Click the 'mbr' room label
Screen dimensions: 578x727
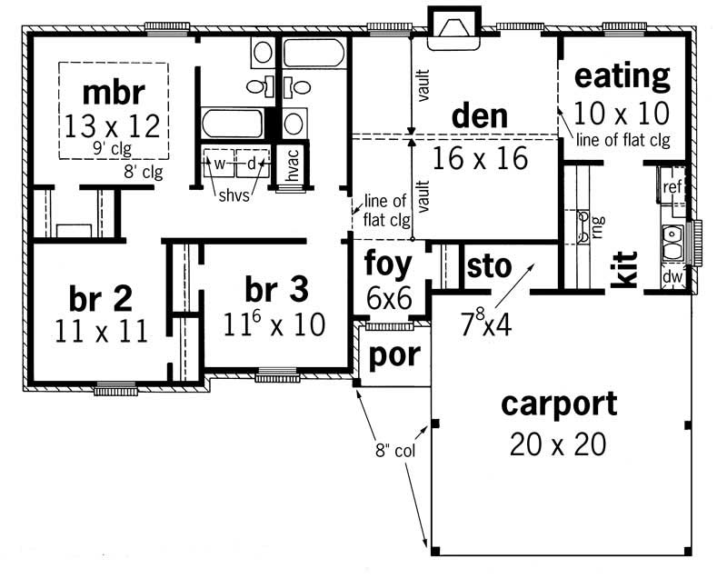(114, 93)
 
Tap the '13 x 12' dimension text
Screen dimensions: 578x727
(114, 124)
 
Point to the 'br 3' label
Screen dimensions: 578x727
(276, 290)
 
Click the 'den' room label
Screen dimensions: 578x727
(479, 116)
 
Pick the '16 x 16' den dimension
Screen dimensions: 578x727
(480, 158)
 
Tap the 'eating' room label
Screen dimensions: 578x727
(622, 76)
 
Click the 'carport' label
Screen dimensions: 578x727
(559, 404)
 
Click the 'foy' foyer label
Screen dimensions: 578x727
(388, 265)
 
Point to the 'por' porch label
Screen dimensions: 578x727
(393, 355)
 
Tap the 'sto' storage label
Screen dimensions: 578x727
(487, 266)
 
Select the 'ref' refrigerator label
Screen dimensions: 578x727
(672, 187)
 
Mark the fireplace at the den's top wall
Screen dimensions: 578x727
(452, 28)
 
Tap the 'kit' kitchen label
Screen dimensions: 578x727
(624, 269)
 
